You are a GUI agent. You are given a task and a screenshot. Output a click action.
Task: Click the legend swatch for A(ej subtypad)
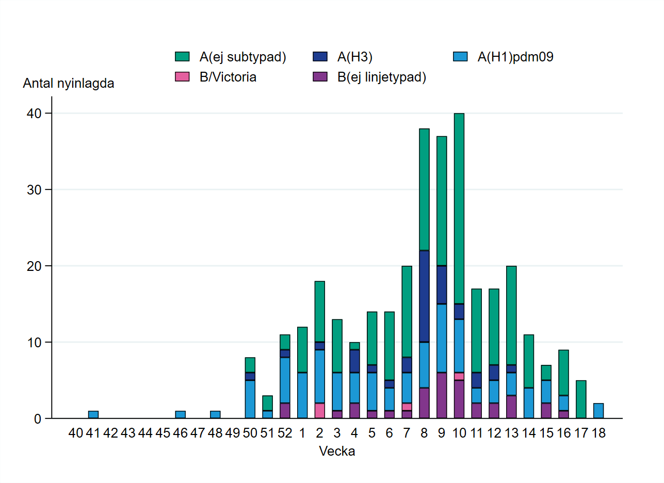[x=182, y=57]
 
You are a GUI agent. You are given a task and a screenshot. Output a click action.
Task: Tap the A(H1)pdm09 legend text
[x=515, y=57]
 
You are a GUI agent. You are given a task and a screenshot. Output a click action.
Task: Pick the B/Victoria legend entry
[x=228, y=77]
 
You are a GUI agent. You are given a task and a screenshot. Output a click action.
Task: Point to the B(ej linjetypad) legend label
[x=382, y=77]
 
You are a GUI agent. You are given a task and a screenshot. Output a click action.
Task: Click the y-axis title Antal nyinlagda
[x=69, y=84]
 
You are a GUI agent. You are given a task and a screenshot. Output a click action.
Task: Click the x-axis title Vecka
[x=337, y=452]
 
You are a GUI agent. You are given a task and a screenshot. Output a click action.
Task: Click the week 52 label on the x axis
[x=285, y=433]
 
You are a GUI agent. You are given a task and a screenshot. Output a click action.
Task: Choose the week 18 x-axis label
[x=598, y=433]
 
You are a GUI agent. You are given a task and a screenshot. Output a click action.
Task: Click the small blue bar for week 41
[x=93, y=415]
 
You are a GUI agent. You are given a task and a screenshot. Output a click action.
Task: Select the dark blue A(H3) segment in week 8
[x=424, y=296]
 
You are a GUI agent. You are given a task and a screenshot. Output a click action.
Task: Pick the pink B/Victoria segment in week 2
[x=320, y=411]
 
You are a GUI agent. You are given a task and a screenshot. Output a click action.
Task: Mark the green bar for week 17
[x=581, y=399]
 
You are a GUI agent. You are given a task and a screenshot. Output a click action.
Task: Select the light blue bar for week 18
[x=598, y=411]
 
